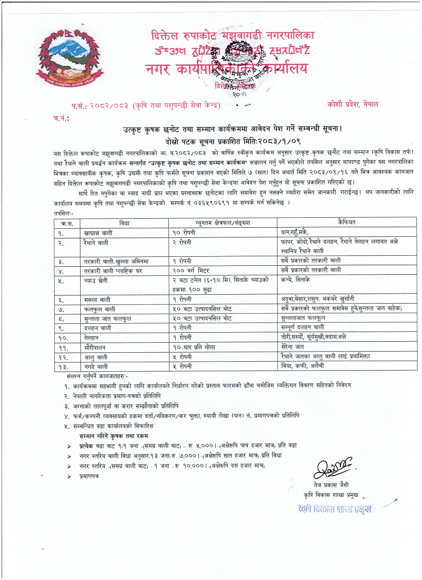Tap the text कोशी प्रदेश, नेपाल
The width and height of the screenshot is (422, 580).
click(x=352, y=104)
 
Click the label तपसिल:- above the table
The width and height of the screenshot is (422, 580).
click(x=64, y=214)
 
